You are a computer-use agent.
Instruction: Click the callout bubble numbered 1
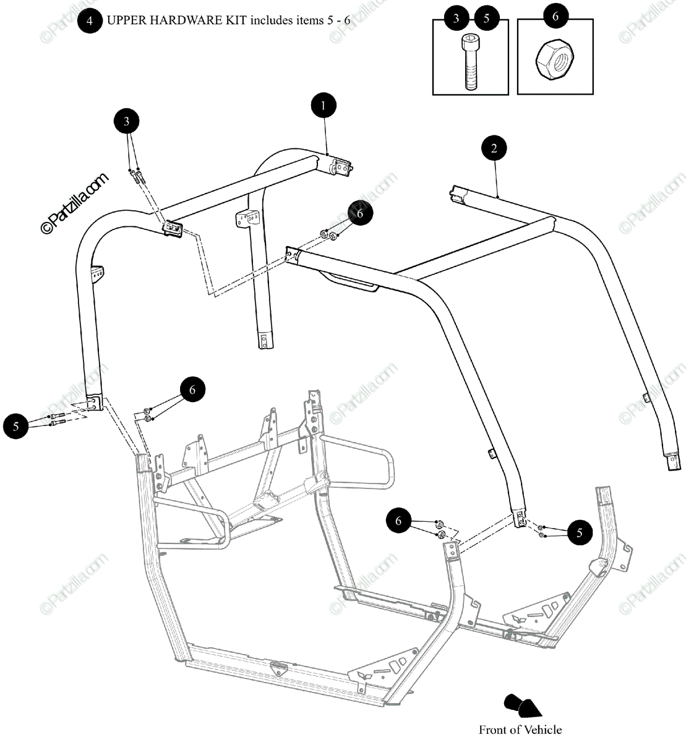coord(323,105)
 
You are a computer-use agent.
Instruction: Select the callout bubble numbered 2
coord(494,148)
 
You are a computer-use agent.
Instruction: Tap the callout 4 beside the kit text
coord(90,20)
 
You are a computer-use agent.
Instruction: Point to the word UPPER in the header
coord(124,20)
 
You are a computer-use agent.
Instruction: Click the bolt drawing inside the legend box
coord(470,62)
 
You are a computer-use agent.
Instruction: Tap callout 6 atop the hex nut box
coord(555,17)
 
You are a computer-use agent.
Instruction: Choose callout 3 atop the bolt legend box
coord(457,18)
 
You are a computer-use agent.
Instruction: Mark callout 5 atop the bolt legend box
coord(486,18)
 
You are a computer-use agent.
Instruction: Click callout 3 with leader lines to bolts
coord(127,121)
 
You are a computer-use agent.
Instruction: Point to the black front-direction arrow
coord(521,706)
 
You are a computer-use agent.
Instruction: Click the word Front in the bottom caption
coord(492,730)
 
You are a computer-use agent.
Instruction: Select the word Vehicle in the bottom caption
coord(542,730)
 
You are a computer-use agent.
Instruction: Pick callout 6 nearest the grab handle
coord(360,214)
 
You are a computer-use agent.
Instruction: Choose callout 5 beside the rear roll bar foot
coord(15,426)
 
